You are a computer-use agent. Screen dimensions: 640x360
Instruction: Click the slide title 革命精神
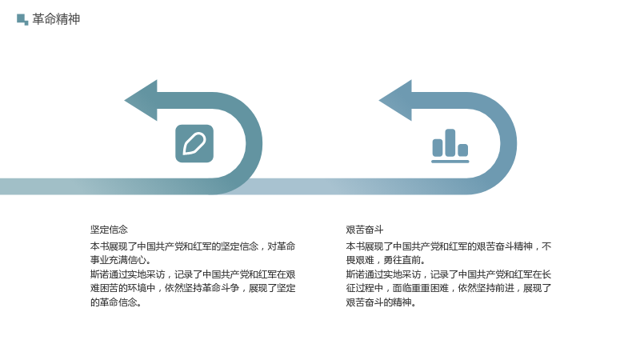(56, 19)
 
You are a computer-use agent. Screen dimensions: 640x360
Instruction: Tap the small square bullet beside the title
(22, 19)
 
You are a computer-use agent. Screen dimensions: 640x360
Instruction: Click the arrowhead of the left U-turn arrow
(141, 101)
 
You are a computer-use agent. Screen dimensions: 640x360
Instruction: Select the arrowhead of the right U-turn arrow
(395, 101)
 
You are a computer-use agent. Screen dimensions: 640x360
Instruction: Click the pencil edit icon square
(194, 144)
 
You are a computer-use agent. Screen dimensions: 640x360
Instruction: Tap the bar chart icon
(450, 146)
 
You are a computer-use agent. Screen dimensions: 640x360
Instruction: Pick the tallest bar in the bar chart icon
(450, 142)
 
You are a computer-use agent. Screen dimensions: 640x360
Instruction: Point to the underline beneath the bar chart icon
(450, 162)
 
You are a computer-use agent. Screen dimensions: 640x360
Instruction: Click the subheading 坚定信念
(109, 230)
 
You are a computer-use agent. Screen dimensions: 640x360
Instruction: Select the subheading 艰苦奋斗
(365, 230)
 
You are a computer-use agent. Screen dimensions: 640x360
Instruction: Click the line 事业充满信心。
(121, 260)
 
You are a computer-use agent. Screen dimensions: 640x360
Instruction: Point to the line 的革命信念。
(116, 302)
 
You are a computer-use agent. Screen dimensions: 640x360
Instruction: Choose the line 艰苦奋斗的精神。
(381, 302)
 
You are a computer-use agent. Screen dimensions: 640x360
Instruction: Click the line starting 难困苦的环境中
(193, 288)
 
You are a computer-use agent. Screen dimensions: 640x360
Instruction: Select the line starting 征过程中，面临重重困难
(449, 288)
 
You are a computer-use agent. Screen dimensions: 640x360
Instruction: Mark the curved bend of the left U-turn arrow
(254, 144)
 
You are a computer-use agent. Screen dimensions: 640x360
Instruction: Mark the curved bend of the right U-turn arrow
(509, 144)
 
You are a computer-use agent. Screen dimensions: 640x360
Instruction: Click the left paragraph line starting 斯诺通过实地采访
(193, 274)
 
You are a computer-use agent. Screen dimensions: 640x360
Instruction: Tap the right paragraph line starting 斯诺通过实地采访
(449, 274)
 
